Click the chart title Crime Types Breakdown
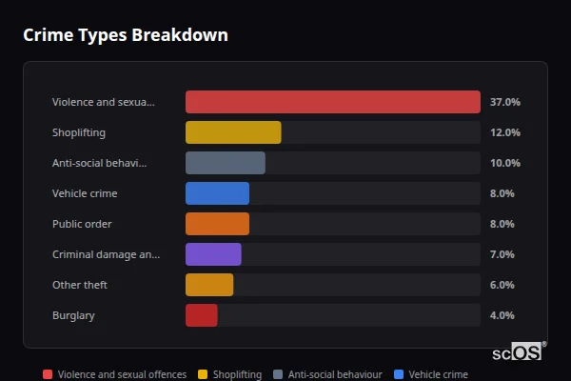point(125,35)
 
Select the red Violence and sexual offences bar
point(332,102)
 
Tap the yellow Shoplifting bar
point(233,132)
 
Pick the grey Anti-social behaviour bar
point(225,163)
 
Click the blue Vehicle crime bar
point(217,193)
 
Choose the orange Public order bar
point(217,224)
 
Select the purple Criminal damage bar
point(213,254)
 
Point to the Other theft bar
point(209,285)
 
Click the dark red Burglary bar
point(202,315)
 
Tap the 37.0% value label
point(504,102)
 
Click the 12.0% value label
point(504,132)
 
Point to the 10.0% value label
point(504,163)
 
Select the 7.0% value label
point(502,254)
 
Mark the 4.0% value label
point(502,315)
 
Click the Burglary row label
point(73,315)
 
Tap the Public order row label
point(82,224)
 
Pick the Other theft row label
point(80,285)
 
